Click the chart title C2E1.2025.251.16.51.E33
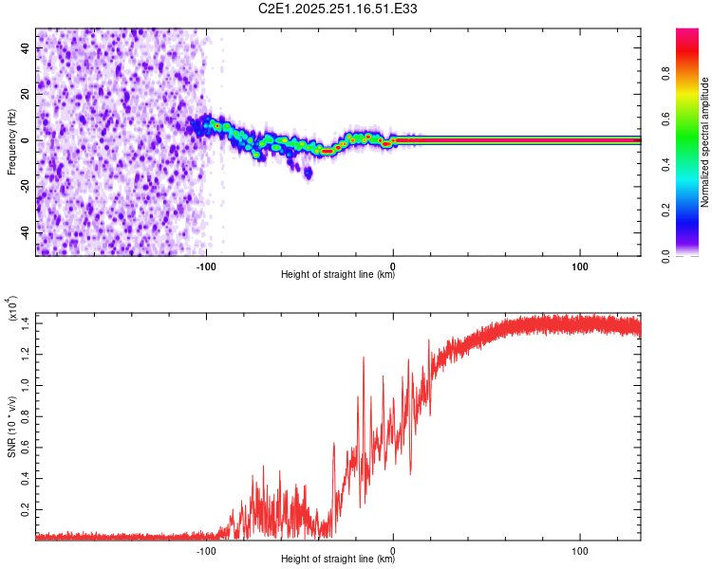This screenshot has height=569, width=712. pyautogui.click(x=338, y=9)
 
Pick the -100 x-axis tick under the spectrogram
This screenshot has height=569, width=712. pyautogui.click(x=207, y=264)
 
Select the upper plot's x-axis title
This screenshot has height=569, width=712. pyautogui.click(x=338, y=275)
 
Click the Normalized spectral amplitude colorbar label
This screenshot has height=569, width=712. pyautogui.click(x=704, y=142)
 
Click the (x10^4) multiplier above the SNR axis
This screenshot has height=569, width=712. pyautogui.click(x=13, y=308)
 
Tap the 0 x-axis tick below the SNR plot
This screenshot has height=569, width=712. pyautogui.click(x=393, y=549)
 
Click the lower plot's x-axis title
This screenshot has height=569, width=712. pyautogui.click(x=338, y=560)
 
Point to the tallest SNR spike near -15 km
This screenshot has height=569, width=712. pyautogui.click(x=363, y=358)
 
